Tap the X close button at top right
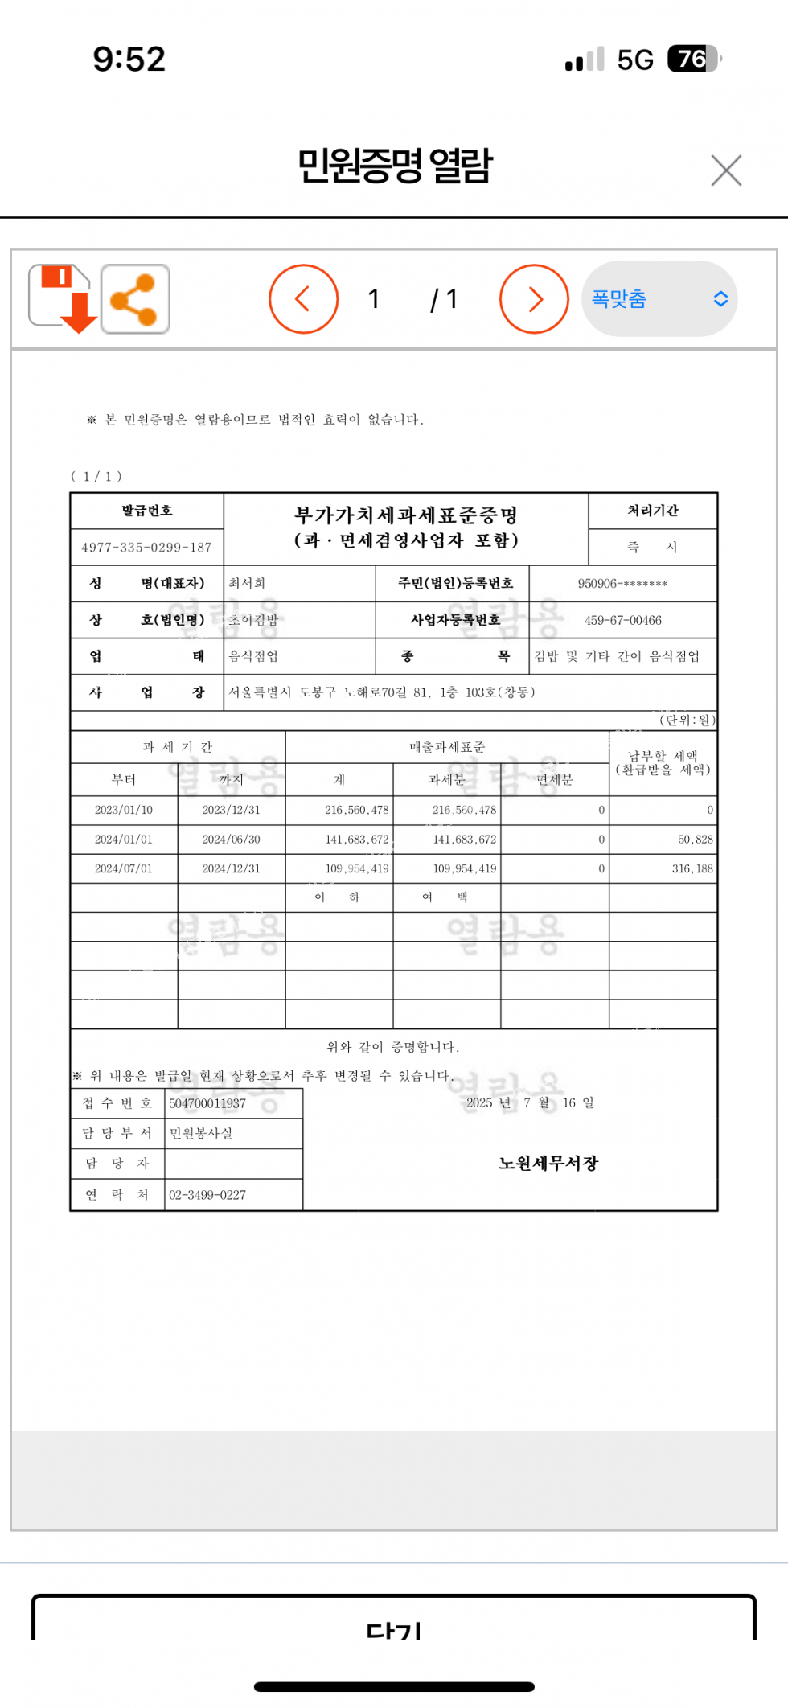click(x=726, y=170)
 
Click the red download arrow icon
click(x=63, y=298)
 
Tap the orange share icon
click(x=135, y=298)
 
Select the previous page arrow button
click(x=303, y=299)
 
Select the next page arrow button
click(x=535, y=299)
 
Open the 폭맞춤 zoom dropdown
click(x=659, y=299)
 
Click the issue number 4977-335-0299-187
click(x=146, y=548)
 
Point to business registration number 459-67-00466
click(x=623, y=620)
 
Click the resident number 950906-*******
click(x=622, y=584)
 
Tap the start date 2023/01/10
click(x=124, y=810)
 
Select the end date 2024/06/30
click(x=232, y=840)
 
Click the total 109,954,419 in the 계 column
click(x=357, y=868)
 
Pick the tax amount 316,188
click(x=692, y=868)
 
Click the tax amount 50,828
click(x=696, y=840)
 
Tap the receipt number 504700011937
click(x=207, y=1103)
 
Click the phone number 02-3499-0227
click(x=207, y=1195)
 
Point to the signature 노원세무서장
click(x=548, y=1163)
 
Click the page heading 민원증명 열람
click(x=395, y=166)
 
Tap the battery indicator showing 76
click(x=694, y=59)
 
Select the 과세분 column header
click(x=447, y=779)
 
